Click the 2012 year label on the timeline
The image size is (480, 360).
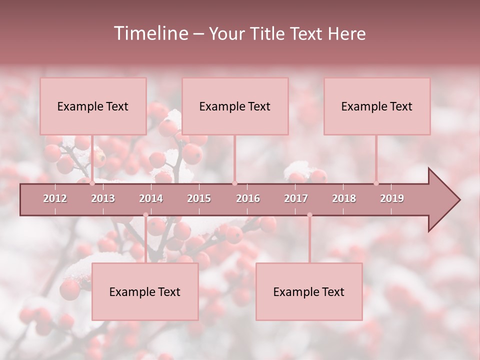click(x=55, y=198)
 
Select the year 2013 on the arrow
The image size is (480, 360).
click(x=103, y=198)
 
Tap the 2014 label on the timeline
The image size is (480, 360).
click(x=151, y=198)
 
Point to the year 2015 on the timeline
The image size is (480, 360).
click(x=199, y=198)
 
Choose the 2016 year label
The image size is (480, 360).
click(x=248, y=198)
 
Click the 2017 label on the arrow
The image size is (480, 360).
click(x=296, y=198)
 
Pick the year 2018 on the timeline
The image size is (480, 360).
click(x=344, y=198)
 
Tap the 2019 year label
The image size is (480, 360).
click(x=392, y=198)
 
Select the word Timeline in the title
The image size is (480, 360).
click(x=150, y=33)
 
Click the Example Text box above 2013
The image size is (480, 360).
click(x=93, y=106)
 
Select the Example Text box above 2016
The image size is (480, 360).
click(x=235, y=106)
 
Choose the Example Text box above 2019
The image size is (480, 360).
click(x=377, y=106)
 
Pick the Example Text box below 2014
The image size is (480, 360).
click(x=145, y=292)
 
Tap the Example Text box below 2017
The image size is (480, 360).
click(x=309, y=292)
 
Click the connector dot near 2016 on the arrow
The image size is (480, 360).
click(x=235, y=183)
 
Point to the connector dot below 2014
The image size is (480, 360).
click(x=145, y=215)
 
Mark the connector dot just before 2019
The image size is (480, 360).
click(x=376, y=183)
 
